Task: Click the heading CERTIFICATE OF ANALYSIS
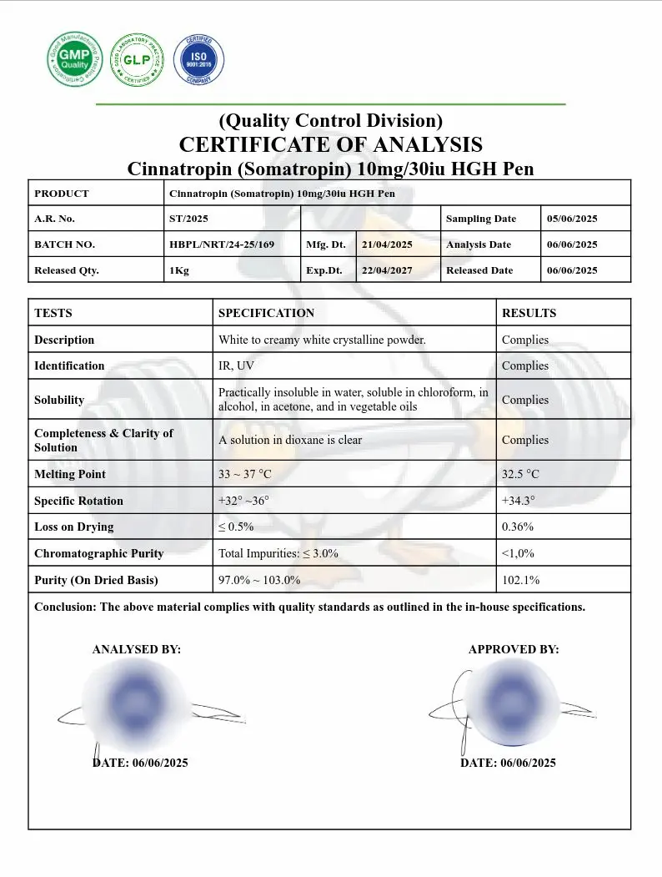(x=330, y=144)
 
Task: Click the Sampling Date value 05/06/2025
(x=572, y=219)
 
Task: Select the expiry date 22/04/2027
(x=387, y=270)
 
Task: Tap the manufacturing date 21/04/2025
(x=387, y=244)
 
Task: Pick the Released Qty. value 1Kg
(x=179, y=270)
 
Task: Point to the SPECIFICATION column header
(x=266, y=313)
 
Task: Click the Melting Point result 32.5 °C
(x=520, y=474)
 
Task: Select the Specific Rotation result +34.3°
(x=518, y=501)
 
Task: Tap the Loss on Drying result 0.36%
(x=518, y=527)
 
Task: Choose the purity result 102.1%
(x=520, y=580)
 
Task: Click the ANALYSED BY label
(x=136, y=649)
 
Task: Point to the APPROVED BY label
(x=514, y=649)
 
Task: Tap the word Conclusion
(x=64, y=607)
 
